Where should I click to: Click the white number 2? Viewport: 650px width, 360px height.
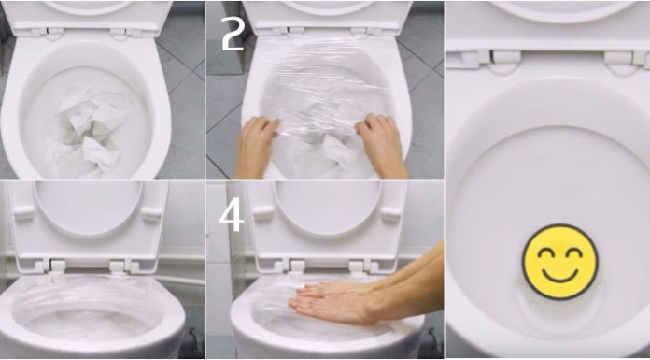[233, 34]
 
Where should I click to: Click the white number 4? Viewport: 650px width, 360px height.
[232, 214]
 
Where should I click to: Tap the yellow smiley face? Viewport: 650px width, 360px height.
[560, 262]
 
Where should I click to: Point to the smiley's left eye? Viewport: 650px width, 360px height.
[545, 252]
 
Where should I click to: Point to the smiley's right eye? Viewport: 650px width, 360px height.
[574, 252]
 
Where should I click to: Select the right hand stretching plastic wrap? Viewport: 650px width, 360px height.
[381, 145]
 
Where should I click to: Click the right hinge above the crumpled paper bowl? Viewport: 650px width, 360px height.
[121, 34]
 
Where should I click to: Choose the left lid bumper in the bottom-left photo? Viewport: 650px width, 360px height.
[24, 212]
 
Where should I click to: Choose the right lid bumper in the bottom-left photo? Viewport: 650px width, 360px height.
[151, 213]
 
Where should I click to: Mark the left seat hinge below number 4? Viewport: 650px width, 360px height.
[295, 266]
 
